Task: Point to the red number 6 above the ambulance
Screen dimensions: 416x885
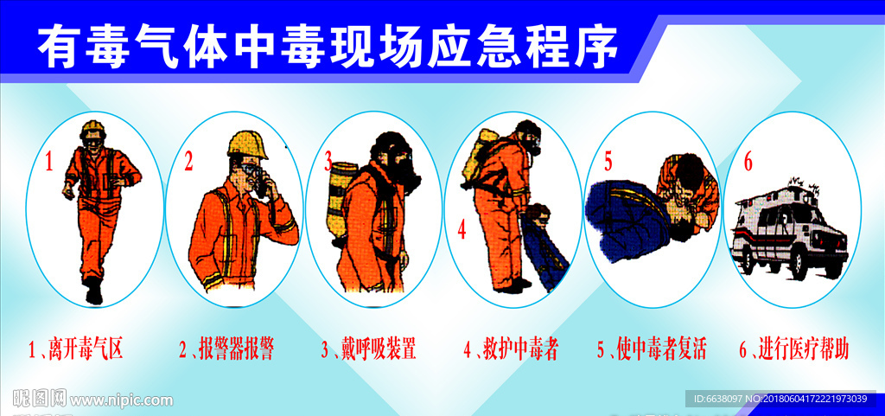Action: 748,161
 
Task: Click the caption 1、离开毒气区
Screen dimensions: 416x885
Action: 76,349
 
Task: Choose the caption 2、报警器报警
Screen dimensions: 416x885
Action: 226,349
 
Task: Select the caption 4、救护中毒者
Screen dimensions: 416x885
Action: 511,349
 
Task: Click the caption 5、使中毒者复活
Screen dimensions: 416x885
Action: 652,349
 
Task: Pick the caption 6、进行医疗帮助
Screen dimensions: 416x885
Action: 793,349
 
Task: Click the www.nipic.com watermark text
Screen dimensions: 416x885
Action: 121,400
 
